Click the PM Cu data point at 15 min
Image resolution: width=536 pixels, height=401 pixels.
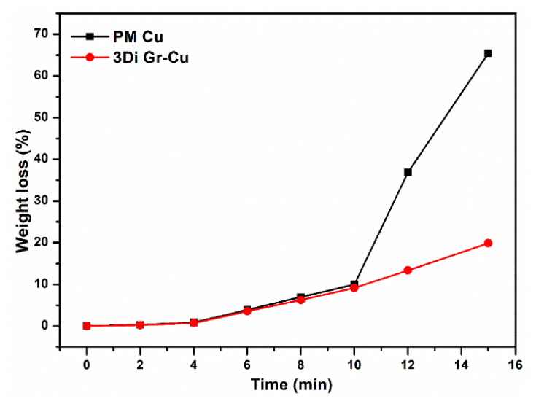(488, 53)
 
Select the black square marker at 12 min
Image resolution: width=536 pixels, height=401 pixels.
(408, 172)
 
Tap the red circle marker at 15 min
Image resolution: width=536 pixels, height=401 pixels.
(488, 243)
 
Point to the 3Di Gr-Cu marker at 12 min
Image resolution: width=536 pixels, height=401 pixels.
(408, 270)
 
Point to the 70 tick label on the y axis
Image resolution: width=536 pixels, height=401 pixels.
(47, 34)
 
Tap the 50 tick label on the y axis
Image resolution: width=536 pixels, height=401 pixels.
(47, 117)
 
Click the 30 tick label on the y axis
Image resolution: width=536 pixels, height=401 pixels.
(47, 200)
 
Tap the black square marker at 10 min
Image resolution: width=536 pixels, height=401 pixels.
(354, 284)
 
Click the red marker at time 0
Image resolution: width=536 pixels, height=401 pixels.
(87, 326)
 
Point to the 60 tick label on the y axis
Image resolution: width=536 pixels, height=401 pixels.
(47, 76)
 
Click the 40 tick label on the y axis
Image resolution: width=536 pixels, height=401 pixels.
(47, 159)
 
